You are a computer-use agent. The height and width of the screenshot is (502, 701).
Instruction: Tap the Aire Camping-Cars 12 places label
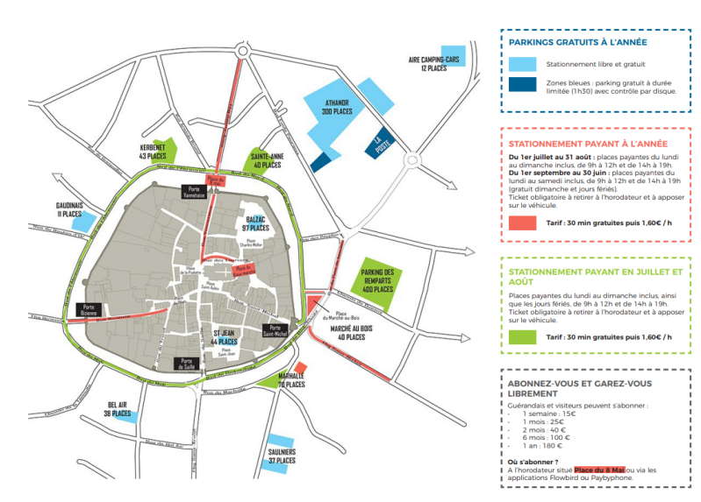[434, 63]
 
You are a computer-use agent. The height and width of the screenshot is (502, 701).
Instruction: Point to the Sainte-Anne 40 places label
[266, 159]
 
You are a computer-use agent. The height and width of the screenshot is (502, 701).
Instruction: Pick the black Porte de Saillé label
[186, 363]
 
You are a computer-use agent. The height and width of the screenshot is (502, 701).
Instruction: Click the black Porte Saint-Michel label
[276, 331]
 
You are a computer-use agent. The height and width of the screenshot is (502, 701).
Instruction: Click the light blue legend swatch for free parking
[523, 63]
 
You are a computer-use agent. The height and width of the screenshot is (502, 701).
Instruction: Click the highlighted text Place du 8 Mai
[604, 470]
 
